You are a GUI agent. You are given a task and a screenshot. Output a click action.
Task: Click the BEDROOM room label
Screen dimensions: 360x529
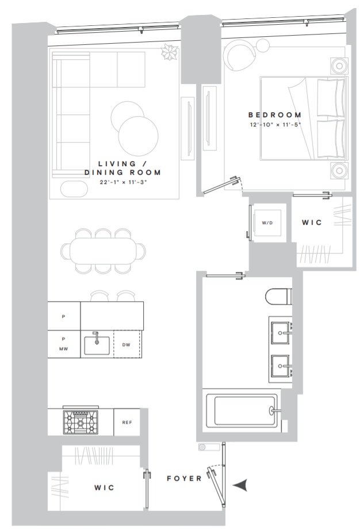point(275,115)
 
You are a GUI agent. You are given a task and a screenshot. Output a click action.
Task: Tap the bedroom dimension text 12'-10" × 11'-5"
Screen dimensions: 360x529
point(275,125)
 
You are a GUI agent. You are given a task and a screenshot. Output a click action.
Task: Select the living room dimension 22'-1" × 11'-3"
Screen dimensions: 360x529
point(124,182)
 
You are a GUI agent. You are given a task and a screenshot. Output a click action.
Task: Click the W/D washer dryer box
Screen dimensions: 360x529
point(267,223)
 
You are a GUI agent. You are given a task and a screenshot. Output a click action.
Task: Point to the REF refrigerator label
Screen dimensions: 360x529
point(127,423)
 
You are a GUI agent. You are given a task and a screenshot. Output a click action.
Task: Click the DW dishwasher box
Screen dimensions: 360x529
point(127,344)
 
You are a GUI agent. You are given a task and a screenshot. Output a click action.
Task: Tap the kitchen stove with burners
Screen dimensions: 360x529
point(81,421)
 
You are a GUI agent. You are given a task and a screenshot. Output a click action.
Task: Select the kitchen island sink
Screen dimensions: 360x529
point(97,345)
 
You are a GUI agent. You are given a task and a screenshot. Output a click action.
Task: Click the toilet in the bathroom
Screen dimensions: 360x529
point(278,297)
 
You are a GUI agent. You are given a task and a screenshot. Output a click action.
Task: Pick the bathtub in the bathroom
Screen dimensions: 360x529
point(242,410)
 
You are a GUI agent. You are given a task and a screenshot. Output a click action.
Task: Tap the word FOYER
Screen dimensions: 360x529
point(184,478)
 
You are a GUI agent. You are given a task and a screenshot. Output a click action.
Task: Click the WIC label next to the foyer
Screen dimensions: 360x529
point(104,488)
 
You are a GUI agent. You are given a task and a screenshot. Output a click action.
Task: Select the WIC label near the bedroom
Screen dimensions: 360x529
point(312,223)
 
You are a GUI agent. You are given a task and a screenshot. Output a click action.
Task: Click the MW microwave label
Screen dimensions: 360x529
point(63,349)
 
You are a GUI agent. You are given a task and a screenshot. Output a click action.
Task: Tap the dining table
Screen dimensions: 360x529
point(104,251)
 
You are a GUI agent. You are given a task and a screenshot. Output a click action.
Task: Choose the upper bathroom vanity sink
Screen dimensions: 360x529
point(281,333)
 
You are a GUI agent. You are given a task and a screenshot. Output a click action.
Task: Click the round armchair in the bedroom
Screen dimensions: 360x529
point(240,55)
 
